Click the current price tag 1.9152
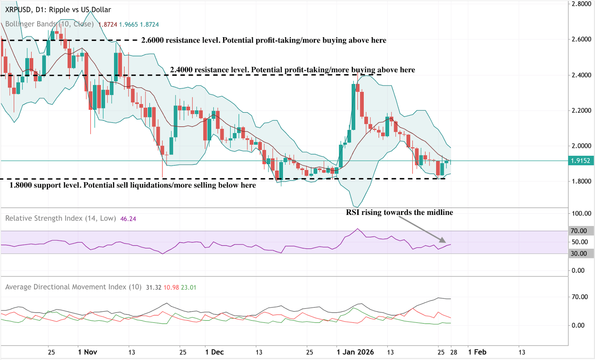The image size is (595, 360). point(580,161)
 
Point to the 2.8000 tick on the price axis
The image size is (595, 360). point(581,4)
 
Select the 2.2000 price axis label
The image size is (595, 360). point(581,110)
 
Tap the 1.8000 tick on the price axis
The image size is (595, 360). point(581,181)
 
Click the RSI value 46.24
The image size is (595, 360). point(128,219)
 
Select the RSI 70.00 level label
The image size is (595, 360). point(579,231)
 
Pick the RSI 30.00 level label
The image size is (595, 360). point(579,254)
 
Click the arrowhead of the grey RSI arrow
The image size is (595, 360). point(443,241)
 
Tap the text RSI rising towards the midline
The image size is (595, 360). point(399,212)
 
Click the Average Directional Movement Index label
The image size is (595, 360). point(73,287)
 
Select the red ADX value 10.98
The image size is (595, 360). point(171,287)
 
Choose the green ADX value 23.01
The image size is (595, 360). point(189,287)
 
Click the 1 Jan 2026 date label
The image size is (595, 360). point(355,352)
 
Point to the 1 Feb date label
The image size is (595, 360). point(477,352)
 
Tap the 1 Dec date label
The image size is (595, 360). point(214,352)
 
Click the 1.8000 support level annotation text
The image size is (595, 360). point(132,185)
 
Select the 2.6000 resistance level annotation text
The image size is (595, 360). point(264,40)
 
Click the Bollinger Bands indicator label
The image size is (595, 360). point(49,24)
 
